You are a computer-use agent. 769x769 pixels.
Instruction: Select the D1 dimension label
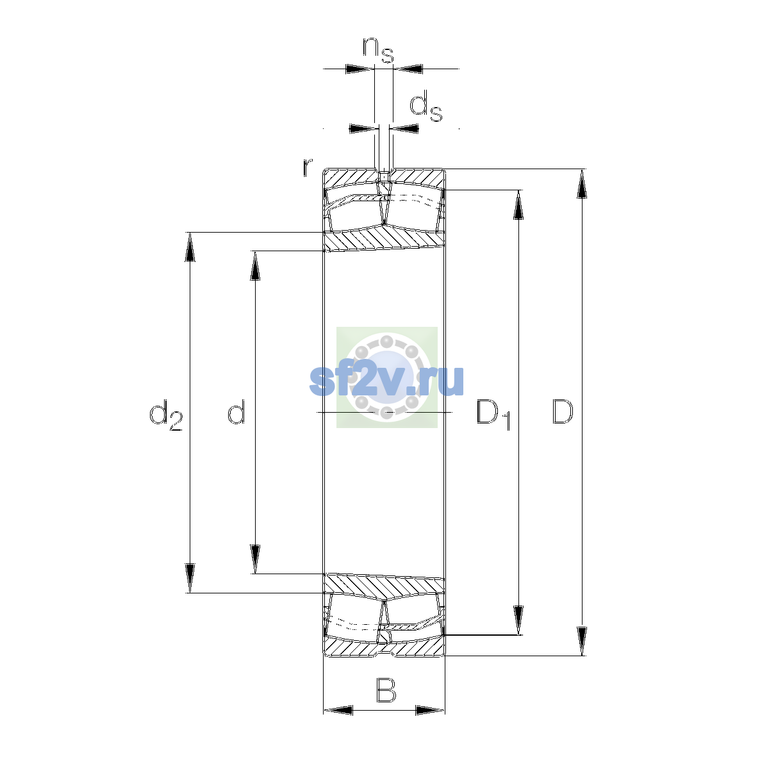[493, 415]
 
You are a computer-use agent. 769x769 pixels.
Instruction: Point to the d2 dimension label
[165, 415]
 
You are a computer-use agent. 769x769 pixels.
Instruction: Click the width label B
[386, 690]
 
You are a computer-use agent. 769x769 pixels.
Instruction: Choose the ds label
[426, 106]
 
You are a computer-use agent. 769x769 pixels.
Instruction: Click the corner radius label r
[307, 167]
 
